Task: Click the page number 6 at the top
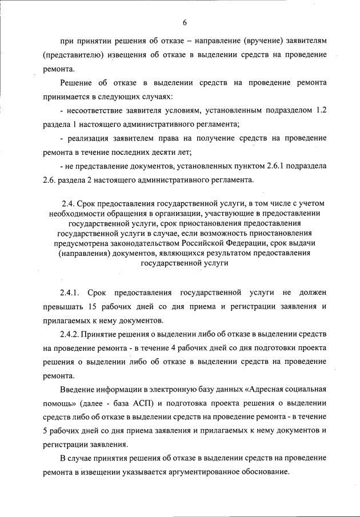pyautogui.click(x=185, y=22)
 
